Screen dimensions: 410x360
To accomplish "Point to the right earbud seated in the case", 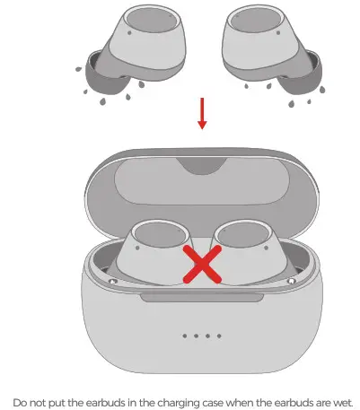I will point(247,256).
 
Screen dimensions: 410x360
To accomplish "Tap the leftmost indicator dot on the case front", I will point(185,336).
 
